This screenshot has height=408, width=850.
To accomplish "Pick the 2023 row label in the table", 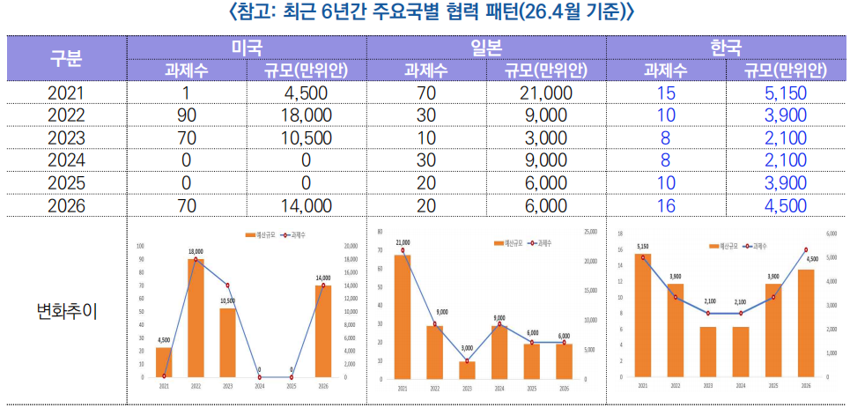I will tap(67, 138).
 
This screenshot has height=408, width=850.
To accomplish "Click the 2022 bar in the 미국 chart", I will tap(196, 317).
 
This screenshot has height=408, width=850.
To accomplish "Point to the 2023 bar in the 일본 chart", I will tap(467, 369).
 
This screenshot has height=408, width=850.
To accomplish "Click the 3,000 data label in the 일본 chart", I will tap(467, 348).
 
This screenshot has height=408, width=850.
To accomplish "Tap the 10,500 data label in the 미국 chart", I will tap(227, 300).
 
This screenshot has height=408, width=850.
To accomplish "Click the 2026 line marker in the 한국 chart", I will tap(806, 250).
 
